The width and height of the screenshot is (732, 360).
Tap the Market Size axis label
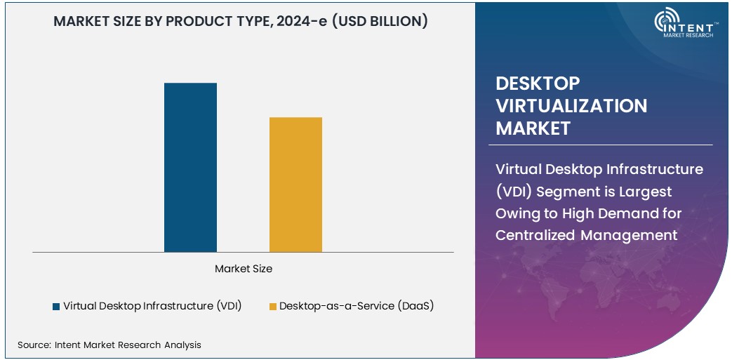(243, 269)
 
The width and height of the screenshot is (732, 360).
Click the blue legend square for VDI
(56, 307)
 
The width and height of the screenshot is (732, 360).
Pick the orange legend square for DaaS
(272, 307)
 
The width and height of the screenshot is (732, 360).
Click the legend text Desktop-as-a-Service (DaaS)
(356, 306)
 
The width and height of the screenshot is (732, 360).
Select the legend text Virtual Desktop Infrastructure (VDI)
(152, 306)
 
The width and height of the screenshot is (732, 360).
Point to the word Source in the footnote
(33, 345)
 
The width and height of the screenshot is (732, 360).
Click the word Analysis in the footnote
(182, 345)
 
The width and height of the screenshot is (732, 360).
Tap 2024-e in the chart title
(295, 21)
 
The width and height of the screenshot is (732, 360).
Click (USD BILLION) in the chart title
(379, 21)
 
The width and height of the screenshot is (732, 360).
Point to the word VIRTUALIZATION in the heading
(571, 106)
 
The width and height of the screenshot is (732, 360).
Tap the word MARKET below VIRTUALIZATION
(533, 128)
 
